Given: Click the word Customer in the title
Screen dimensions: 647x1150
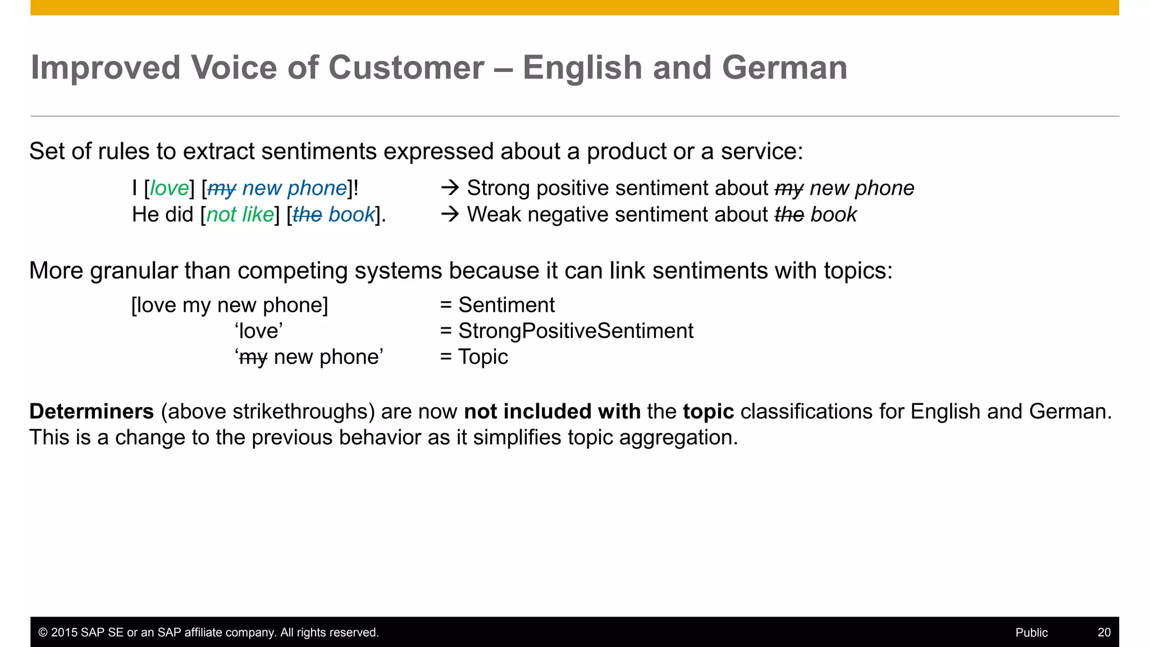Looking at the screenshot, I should point(406,68).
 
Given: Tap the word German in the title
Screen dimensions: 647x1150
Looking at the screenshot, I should point(784,68).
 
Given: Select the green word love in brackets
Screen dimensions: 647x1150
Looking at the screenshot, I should point(169,188).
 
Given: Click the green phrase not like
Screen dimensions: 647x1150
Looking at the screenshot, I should point(240,215).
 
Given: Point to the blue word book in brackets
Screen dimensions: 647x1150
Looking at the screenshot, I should point(352,215).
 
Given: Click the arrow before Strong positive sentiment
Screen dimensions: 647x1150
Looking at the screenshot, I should point(450,188).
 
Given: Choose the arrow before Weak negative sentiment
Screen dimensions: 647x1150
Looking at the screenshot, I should point(450,214).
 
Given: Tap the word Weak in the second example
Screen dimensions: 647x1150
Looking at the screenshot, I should point(492,215).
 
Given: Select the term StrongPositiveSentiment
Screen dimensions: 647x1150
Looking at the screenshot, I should point(576,331).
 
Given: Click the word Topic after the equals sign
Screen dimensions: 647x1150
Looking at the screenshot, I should point(483,357).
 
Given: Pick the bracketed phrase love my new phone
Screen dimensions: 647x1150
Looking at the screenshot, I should point(230,305).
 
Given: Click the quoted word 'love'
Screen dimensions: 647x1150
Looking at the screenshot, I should point(259,331).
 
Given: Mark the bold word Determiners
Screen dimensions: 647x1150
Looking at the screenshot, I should point(92,412).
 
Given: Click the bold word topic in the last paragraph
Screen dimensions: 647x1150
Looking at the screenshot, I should point(708,412).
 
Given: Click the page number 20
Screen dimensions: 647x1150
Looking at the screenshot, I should point(1104,632).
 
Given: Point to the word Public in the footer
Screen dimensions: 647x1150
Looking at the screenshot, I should point(1032,632).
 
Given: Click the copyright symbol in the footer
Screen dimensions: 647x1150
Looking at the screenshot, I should point(43,632).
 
